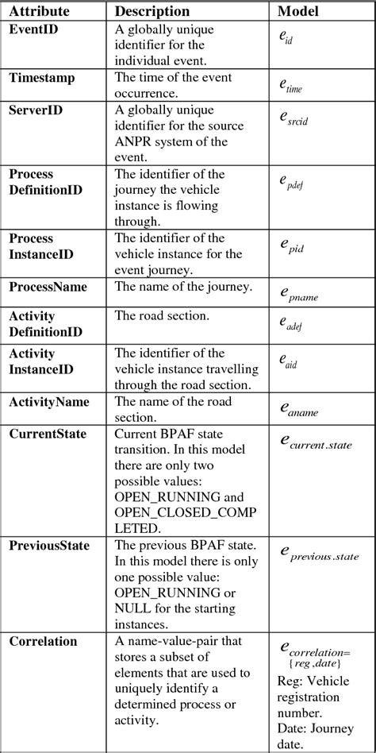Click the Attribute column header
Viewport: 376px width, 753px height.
click(x=40, y=12)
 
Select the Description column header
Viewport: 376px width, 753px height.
click(x=152, y=12)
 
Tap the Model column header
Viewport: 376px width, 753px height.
click(x=298, y=12)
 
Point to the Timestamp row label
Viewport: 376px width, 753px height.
click(x=43, y=77)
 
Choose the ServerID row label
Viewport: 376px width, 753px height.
click(x=37, y=110)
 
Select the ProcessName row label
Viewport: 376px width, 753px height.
click(x=48, y=286)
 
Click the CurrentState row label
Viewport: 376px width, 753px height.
click(x=48, y=434)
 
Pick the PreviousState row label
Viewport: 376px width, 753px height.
click(x=49, y=546)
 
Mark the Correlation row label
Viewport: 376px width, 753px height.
click(x=43, y=641)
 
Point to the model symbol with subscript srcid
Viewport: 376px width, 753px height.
click(x=293, y=118)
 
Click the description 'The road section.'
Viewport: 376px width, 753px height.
click(x=162, y=316)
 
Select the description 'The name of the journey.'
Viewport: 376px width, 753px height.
click(x=184, y=286)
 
